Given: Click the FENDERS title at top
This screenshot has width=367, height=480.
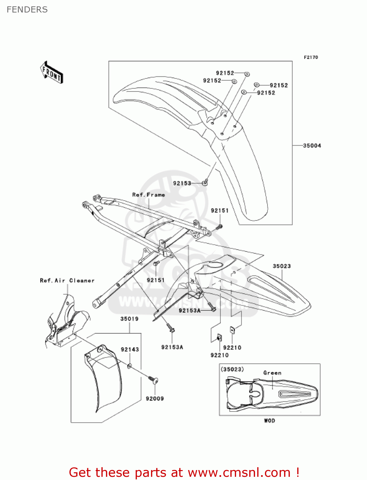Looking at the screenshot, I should [x=27, y=10].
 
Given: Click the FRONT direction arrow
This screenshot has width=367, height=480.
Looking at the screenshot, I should [x=52, y=72].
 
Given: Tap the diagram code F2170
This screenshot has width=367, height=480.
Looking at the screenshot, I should [x=311, y=57].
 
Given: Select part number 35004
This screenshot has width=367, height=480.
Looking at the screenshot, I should [x=312, y=146].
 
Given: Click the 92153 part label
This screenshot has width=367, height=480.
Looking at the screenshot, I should [x=182, y=183].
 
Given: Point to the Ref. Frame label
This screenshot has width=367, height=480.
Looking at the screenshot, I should [x=148, y=195].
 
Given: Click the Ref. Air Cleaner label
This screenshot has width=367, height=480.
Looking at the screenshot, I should [x=67, y=281].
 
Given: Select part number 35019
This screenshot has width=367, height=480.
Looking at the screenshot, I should [x=129, y=319].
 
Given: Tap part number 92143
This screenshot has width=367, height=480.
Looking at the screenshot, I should [x=130, y=349].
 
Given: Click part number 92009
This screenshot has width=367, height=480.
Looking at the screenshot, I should [x=155, y=398].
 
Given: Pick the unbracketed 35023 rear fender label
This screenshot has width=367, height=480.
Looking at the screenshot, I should [x=282, y=266].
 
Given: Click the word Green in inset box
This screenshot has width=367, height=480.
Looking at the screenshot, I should [x=272, y=373].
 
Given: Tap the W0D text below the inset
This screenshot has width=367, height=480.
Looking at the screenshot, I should [x=269, y=420].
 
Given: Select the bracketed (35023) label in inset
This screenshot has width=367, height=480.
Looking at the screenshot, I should [x=232, y=369].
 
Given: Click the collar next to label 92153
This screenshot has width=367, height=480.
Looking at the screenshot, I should [x=205, y=183].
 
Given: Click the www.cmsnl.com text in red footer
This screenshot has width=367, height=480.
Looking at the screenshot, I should [x=239, y=472].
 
